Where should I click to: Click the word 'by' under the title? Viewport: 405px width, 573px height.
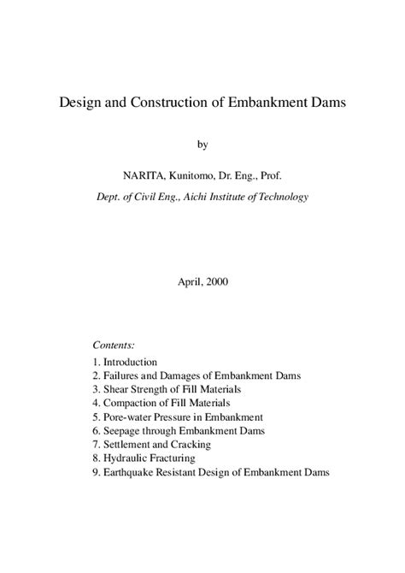click(x=202, y=145)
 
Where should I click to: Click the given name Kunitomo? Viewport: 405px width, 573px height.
click(x=199, y=176)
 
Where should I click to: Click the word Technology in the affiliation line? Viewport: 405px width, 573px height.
click(x=279, y=197)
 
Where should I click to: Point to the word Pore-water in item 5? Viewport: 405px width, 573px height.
click(x=129, y=417)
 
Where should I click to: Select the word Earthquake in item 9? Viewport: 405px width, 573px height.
click(x=131, y=472)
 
